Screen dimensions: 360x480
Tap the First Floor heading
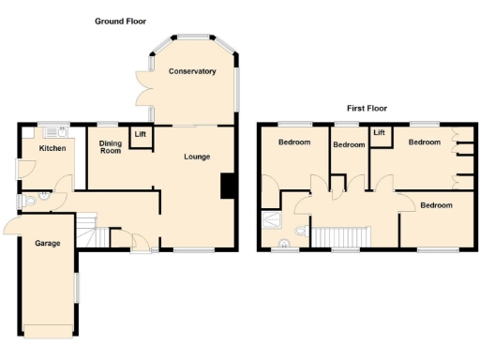coord(367,108)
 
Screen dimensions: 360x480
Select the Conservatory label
coord(192,71)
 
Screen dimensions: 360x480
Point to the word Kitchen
coord(51,148)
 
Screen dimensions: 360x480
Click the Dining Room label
coord(111,146)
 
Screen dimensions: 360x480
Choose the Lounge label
coord(197,156)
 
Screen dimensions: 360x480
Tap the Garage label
coord(48,244)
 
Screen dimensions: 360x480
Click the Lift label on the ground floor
coord(141,135)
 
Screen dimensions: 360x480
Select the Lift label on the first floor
coord(380,133)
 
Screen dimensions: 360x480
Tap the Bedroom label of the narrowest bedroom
coord(349,144)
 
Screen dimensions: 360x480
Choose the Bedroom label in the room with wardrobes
coord(424,142)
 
